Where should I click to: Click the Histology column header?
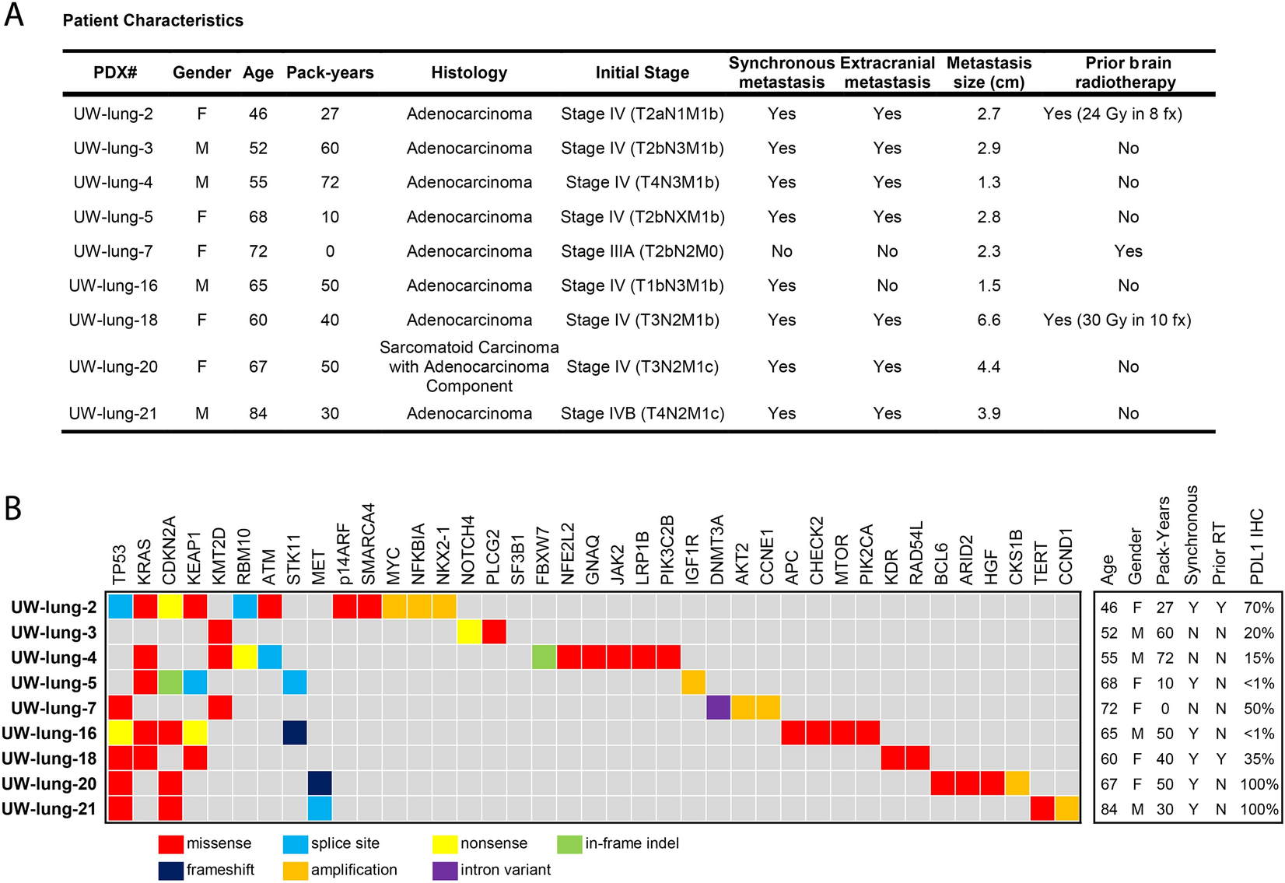pos(469,72)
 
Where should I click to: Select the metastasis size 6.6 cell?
pos(989,320)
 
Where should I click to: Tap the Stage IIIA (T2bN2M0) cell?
pos(642,251)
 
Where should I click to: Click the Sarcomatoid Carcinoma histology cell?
pos(469,366)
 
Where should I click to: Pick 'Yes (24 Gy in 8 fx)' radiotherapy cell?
pos(1112,114)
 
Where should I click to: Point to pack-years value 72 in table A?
pos(330,182)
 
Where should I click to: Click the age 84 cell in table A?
pos(258,413)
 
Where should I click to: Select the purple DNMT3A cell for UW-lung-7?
pos(718,708)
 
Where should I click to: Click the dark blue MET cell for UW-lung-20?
pos(320,783)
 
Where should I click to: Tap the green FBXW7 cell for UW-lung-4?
pos(544,657)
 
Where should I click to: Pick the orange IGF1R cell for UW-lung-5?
pos(693,683)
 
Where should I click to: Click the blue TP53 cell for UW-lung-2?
pos(121,607)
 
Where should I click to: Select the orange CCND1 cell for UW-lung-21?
pos(1066,809)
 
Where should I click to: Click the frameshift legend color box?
pos(170,870)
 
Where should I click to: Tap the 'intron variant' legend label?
pos(506,870)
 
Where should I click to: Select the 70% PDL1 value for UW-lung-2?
pos(1259,608)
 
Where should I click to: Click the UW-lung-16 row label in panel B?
pos(50,734)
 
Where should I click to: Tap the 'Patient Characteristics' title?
pos(152,21)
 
